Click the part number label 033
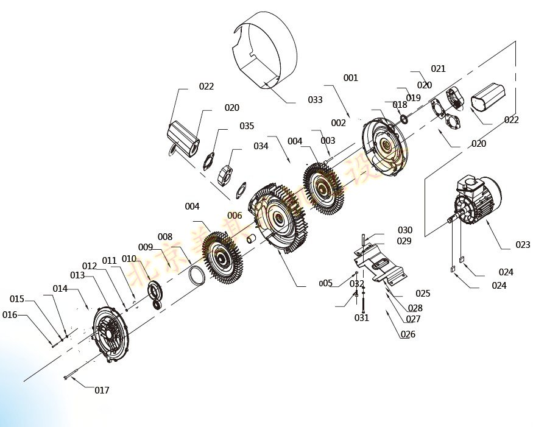[x=315, y=99]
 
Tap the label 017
[x=102, y=390]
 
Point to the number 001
[x=350, y=78]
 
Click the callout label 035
[x=246, y=126]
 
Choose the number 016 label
[x=10, y=315]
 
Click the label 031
[x=362, y=318]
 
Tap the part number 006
[x=235, y=215]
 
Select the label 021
[x=439, y=69]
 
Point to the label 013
[x=77, y=275]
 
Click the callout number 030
[x=405, y=230]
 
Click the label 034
[x=261, y=146]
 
